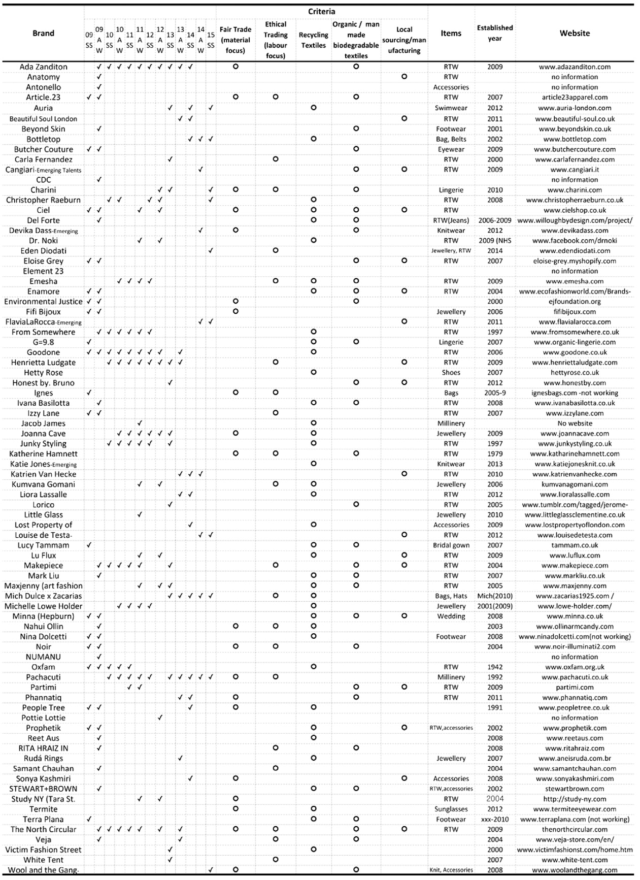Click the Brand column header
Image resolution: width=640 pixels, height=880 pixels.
[x=43, y=34]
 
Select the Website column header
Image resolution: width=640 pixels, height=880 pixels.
[x=575, y=34]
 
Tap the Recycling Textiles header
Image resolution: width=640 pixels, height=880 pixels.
[x=313, y=40]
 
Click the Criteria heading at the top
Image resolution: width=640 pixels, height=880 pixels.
[x=321, y=11]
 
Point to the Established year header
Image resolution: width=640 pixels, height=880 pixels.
[x=495, y=33]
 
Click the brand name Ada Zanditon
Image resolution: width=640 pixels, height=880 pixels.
[x=43, y=67]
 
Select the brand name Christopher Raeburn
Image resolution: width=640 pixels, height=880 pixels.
[x=43, y=200]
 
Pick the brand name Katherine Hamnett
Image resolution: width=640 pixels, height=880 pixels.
[x=43, y=454]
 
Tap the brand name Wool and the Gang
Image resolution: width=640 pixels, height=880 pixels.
[x=43, y=870]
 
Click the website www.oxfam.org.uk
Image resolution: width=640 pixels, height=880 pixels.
[x=575, y=667]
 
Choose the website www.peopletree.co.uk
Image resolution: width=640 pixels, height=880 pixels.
[x=575, y=708]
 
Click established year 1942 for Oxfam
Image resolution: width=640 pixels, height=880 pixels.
[x=495, y=667]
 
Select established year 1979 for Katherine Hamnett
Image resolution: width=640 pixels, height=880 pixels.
[x=495, y=454]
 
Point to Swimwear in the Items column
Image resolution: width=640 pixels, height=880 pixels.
[x=451, y=108]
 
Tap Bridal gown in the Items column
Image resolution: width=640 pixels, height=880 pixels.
[x=451, y=545]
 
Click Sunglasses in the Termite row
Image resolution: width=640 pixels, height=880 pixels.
[x=451, y=809]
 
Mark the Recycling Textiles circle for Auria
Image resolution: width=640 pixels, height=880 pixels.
[x=314, y=108]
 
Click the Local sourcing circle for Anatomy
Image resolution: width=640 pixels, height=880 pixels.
[x=404, y=77]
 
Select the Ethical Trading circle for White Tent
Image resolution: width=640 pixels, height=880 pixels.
[x=276, y=860]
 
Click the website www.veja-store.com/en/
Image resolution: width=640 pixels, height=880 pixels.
[x=575, y=840]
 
